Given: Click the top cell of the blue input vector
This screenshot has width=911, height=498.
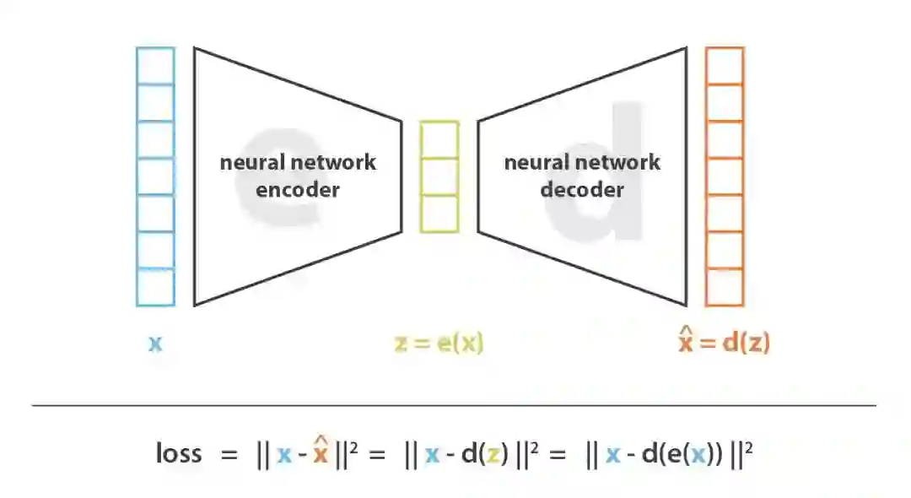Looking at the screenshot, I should click(x=155, y=65).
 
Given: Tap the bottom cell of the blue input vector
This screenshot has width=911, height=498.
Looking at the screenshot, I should click(x=155, y=287).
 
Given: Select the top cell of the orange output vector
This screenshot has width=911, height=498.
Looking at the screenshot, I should click(x=725, y=65).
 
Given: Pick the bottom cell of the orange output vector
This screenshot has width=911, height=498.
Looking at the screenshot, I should click(x=725, y=287).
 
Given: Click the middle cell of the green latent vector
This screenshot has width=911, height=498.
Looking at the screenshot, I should click(x=439, y=176).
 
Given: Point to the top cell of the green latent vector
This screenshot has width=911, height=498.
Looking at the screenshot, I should click(x=439, y=139).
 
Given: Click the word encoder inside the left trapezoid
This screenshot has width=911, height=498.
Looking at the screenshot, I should click(x=298, y=188).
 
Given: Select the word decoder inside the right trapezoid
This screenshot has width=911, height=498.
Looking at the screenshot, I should click(x=582, y=188).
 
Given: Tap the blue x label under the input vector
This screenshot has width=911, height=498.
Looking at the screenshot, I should click(x=155, y=344).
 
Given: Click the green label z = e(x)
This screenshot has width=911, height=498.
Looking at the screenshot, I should click(x=439, y=344).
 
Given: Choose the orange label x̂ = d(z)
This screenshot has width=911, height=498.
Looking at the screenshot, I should click(x=725, y=342).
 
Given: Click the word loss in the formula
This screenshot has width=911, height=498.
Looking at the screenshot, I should click(x=179, y=453).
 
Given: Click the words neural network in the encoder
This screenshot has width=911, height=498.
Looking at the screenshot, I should click(x=298, y=162).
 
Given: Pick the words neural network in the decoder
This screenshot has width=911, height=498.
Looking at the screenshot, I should click(x=582, y=162).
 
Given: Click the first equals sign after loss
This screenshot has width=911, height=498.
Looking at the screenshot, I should click(x=229, y=455).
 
